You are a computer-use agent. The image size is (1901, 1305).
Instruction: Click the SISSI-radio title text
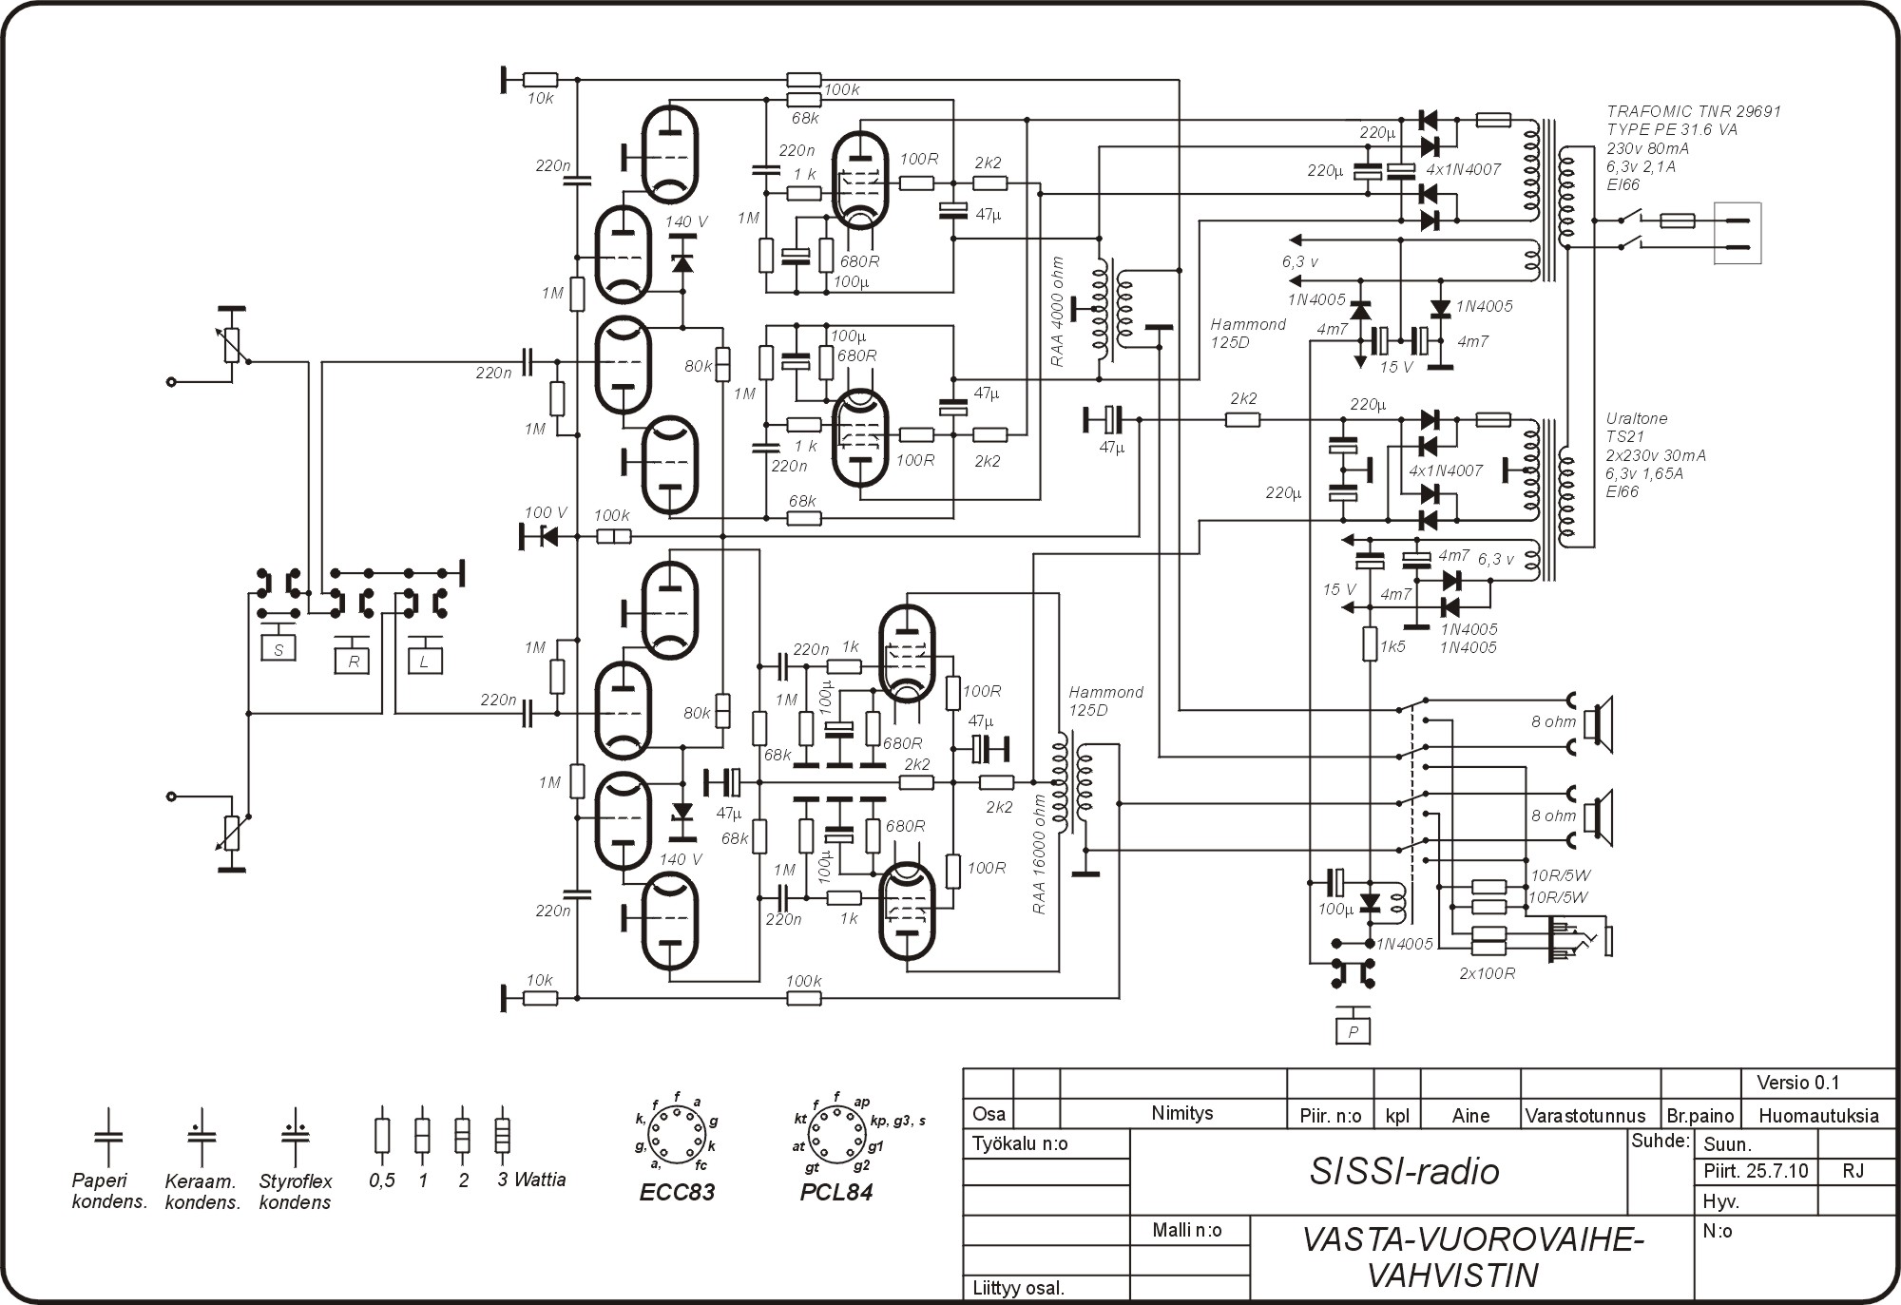(1404, 1171)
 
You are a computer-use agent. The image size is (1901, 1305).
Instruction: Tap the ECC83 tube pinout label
(677, 1192)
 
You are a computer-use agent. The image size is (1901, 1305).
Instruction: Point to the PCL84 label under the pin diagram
(835, 1192)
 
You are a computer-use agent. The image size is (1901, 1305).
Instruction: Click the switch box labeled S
(278, 649)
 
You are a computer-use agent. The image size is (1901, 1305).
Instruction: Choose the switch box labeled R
(353, 661)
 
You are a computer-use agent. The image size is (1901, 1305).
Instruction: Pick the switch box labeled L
(424, 661)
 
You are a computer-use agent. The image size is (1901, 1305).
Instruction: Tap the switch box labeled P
(1353, 1031)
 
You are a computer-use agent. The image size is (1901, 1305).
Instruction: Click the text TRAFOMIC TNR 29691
(1694, 111)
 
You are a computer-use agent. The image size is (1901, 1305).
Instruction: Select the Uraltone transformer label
(1636, 418)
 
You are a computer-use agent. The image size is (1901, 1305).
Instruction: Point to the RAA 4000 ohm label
(1059, 312)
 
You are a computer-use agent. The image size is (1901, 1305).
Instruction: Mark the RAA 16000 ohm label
(1039, 854)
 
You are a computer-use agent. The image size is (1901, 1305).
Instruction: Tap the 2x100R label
(1487, 973)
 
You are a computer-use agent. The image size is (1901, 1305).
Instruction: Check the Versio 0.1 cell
(1798, 1083)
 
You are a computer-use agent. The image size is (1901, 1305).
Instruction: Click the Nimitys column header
(1181, 1113)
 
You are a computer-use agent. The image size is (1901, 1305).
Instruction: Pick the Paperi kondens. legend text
(109, 1191)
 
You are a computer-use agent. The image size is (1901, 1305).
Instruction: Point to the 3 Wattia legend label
(531, 1180)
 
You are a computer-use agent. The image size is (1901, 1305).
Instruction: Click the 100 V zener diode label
(546, 513)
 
